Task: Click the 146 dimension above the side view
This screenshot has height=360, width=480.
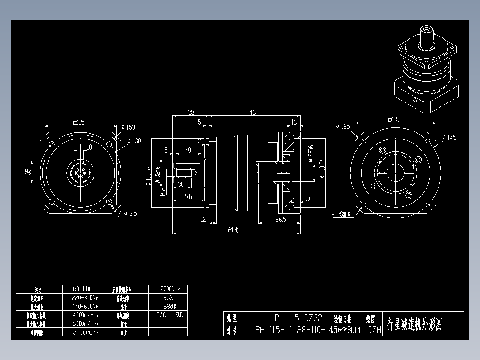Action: point(252,112)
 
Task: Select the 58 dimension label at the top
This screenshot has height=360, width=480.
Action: point(191,112)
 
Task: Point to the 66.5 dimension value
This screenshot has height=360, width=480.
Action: point(281,220)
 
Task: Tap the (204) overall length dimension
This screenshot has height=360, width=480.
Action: point(233,230)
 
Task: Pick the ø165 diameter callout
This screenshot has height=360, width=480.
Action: point(343,127)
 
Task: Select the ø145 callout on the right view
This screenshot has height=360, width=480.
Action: point(450,138)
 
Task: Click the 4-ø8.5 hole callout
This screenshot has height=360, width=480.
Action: point(128,213)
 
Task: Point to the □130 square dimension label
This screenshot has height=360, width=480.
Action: point(394,119)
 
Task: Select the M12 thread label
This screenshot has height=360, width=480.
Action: point(163,191)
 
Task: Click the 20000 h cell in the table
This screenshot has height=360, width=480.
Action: point(167,289)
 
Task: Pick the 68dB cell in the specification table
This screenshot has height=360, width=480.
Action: point(167,306)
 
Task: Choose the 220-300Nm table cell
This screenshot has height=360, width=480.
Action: point(85,297)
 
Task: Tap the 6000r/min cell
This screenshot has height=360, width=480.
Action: point(85,323)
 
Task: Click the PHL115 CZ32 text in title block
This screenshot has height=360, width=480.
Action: point(298,318)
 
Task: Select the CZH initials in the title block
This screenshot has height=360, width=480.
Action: point(374,330)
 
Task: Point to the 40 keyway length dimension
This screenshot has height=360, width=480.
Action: point(188,151)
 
